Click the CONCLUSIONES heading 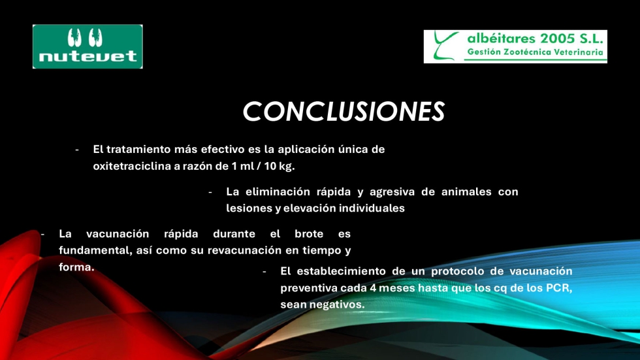click(x=344, y=112)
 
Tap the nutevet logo click(x=88, y=46)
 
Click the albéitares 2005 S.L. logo click(x=515, y=46)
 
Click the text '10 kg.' click(x=280, y=167)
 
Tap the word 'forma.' click(x=77, y=267)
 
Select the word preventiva click(x=308, y=288)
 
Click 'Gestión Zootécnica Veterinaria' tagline click(x=535, y=52)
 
